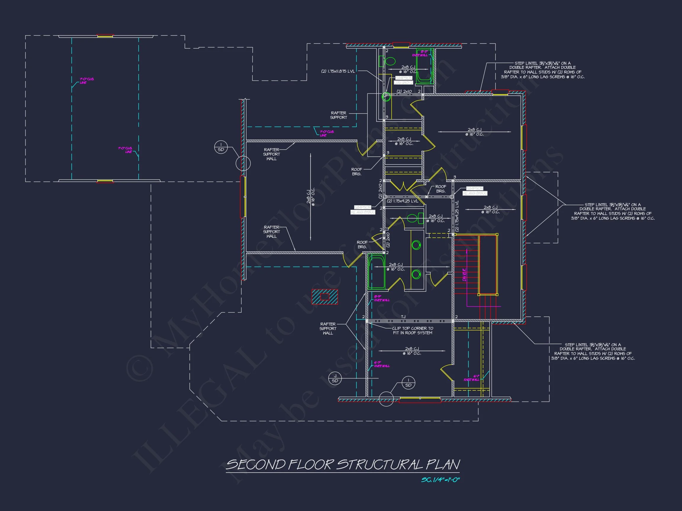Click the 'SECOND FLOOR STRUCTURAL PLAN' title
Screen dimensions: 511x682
tap(342, 465)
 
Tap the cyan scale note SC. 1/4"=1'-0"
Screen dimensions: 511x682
tap(440, 480)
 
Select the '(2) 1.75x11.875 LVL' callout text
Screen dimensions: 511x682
tap(338, 72)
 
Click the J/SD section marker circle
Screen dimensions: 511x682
tap(335, 378)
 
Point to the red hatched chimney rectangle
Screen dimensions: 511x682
tap(325, 297)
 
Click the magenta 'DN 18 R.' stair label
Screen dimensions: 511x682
tap(464, 274)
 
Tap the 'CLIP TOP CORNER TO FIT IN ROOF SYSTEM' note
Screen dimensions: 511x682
tap(413, 331)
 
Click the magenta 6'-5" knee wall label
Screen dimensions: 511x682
tap(381, 364)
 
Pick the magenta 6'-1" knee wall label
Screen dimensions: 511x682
tap(472, 378)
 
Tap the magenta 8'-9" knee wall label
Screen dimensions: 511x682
tap(381, 298)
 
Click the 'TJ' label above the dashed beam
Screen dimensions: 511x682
tap(403, 317)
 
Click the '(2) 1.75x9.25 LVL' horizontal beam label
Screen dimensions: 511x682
tap(402, 201)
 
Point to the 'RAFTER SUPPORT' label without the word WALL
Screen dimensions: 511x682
tap(339, 115)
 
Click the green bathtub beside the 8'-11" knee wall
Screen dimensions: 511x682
tap(424, 66)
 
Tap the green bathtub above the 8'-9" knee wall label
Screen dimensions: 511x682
tap(377, 271)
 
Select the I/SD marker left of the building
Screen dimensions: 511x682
tap(221, 147)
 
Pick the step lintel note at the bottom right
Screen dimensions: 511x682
tap(593, 351)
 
